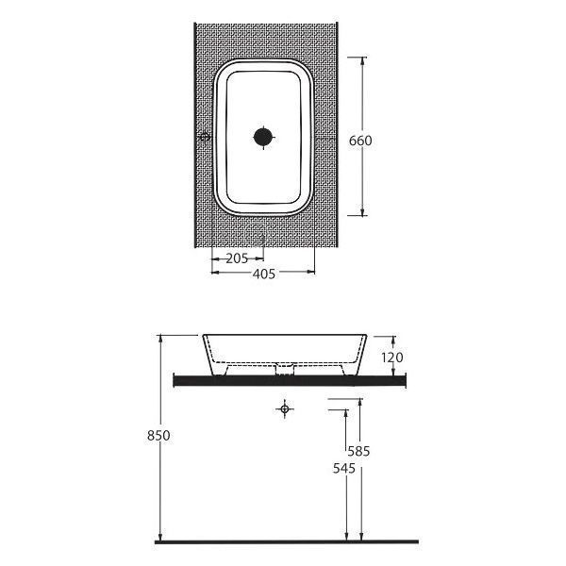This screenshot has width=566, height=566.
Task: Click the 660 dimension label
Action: click(x=360, y=141)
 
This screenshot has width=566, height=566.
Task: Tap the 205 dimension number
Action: click(x=237, y=258)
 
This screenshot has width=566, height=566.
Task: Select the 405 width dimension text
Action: click(x=264, y=274)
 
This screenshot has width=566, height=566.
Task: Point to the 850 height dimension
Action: click(x=158, y=435)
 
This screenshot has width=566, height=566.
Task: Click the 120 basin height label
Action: click(x=392, y=358)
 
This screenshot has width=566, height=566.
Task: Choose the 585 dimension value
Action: click(x=358, y=451)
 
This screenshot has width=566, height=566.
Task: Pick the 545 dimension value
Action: click(x=344, y=469)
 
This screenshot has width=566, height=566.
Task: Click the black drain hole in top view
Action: click(x=263, y=137)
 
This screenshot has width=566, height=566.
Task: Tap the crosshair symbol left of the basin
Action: click(x=205, y=137)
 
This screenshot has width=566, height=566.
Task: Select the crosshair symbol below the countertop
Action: click(x=285, y=409)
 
